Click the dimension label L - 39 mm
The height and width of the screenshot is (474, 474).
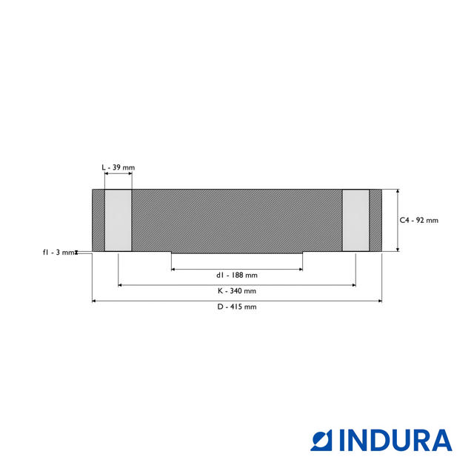[x=118, y=167]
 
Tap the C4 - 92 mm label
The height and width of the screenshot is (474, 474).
[x=418, y=220]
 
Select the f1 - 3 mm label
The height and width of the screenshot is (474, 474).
[x=59, y=252]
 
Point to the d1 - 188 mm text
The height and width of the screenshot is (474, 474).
[x=237, y=275]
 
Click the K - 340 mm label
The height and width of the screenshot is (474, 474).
[x=237, y=291]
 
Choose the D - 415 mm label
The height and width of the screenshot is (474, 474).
[x=237, y=307]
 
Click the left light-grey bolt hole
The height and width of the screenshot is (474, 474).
[x=118, y=220]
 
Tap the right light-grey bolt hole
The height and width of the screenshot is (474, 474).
[x=355, y=220]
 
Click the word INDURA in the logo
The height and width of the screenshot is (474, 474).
[x=395, y=440]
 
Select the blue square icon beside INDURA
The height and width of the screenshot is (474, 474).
[x=321, y=440]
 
